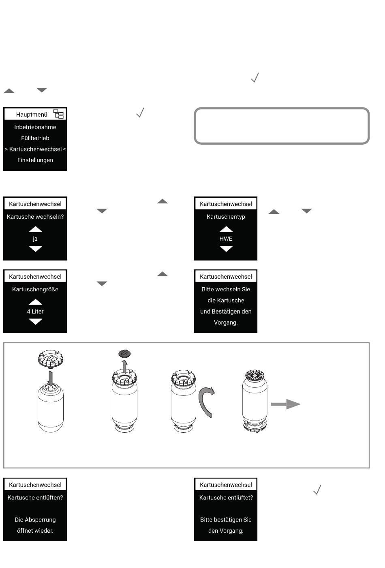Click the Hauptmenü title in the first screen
click(32, 115)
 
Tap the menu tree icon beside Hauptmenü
click(59, 114)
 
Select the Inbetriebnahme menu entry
click(35, 127)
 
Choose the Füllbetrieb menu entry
click(35, 138)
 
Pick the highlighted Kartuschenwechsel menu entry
click(35, 149)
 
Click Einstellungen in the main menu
click(35, 160)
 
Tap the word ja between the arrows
click(35, 239)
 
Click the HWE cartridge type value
click(226, 239)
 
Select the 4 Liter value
click(35, 312)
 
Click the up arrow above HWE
click(226, 229)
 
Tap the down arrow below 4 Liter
click(36, 322)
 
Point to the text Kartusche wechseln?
click(35, 217)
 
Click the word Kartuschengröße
click(35, 289)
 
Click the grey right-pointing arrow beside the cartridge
click(285, 404)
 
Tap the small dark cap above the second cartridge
click(124, 354)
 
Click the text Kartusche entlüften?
click(35, 498)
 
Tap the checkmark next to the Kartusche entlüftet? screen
click(317, 490)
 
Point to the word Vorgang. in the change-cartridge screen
click(226, 322)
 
